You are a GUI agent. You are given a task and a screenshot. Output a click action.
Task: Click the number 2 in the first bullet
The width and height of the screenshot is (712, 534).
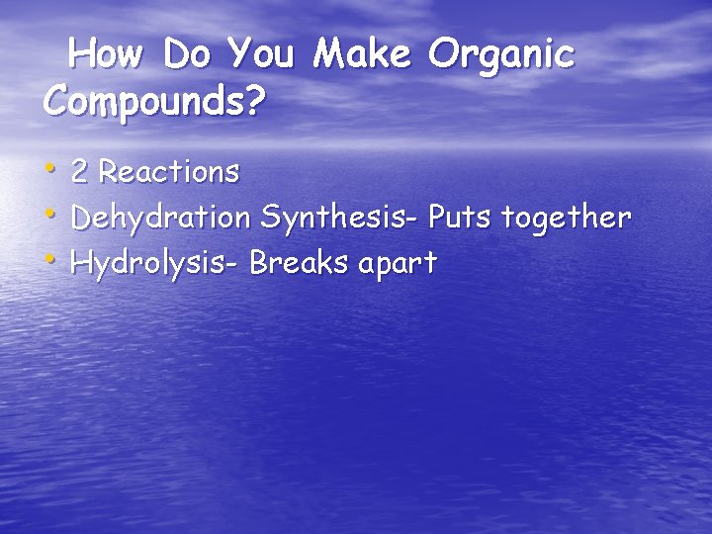click(81, 172)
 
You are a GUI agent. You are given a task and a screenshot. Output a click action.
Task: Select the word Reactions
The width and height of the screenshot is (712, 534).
click(169, 172)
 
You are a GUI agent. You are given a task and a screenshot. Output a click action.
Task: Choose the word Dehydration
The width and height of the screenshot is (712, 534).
click(162, 218)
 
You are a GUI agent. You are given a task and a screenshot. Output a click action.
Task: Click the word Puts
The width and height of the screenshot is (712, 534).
click(459, 218)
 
